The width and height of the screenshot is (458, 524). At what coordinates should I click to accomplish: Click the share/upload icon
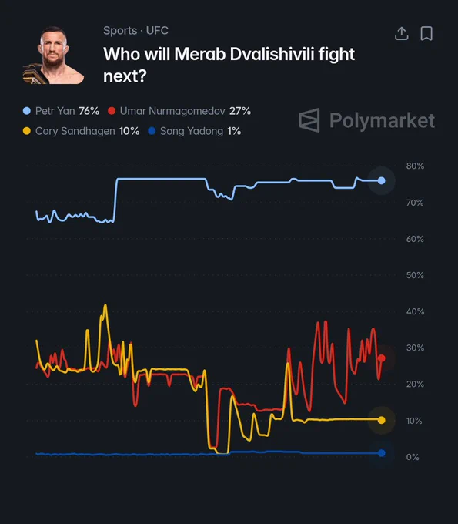point(402,33)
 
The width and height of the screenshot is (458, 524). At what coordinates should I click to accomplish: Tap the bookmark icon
point(426,33)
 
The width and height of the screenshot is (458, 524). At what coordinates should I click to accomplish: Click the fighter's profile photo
point(53,55)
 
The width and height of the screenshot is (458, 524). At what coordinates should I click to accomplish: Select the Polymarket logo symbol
point(309,120)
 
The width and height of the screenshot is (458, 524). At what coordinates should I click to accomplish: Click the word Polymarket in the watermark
point(383,121)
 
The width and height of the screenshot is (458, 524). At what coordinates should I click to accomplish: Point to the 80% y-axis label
point(415,166)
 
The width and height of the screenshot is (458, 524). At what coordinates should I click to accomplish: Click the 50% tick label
point(415,275)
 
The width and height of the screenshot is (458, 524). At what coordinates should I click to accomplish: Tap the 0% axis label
point(413,457)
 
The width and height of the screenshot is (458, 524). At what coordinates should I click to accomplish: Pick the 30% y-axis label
point(415,348)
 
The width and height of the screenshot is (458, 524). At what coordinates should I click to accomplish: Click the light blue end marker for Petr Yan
point(381,181)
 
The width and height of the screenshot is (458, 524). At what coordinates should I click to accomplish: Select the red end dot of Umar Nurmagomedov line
point(382,358)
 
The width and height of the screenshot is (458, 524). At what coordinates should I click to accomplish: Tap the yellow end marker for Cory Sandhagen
point(381,420)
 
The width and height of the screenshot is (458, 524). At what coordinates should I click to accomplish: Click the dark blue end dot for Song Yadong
point(381,453)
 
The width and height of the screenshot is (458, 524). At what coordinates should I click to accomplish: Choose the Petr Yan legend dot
point(27,111)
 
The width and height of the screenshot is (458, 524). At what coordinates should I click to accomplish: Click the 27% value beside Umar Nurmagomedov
point(240,111)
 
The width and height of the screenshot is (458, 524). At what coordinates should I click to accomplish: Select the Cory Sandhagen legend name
point(75,131)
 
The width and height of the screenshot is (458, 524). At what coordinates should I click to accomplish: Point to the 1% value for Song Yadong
point(234,131)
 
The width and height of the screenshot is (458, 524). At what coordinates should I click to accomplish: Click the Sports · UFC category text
point(136,31)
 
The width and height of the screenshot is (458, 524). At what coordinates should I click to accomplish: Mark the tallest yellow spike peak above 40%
point(105,305)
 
